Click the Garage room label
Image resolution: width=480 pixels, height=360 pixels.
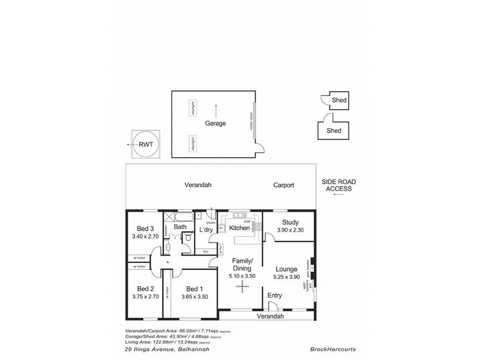[x=215, y=124]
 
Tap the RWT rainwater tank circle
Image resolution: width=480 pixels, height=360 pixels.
[x=146, y=145]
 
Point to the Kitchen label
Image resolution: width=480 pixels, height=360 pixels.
[x=239, y=229]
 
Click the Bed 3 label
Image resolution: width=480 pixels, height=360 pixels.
[x=146, y=229]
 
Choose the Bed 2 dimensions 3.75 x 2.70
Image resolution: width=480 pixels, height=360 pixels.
[x=146, y=296]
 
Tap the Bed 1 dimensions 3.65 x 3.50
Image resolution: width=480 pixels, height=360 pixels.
[x=195, y=296]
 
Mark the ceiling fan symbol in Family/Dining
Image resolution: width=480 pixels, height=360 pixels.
[x=242, y=287]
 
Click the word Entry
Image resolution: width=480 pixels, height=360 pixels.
[x=275, y=295]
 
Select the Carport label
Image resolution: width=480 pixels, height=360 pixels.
[x=284, y=185]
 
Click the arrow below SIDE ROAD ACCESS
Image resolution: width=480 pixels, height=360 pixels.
[x=339, y=196]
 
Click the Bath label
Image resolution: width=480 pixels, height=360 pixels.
[x=180, y=227]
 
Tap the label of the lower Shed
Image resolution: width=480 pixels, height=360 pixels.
[x=334, y=131]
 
